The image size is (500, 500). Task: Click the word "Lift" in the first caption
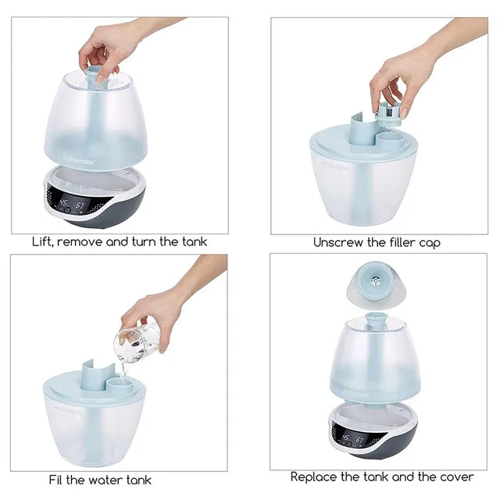(x=42, y=241)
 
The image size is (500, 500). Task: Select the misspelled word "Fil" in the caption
(x=55, y=480)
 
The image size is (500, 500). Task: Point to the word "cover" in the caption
(x=456, y=477)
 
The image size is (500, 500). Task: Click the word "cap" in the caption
(x=430, y=243)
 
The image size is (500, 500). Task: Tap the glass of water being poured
(x=137, y=342)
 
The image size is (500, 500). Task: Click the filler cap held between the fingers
(x=389, y=113)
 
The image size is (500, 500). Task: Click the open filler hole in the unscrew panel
(x=387, y=139)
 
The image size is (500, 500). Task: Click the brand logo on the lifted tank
(x=79, y=159)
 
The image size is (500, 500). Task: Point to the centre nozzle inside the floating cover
(x=376, y=280)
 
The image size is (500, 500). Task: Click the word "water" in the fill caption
(x=106, y=480)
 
